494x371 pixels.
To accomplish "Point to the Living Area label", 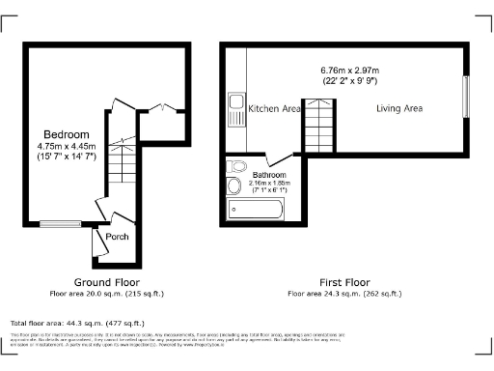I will [x=399, y=109].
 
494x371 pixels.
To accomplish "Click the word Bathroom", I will [x=270, y=174].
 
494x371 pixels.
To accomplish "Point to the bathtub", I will [x=255, y=210].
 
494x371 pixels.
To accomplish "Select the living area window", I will [x=465, y=97].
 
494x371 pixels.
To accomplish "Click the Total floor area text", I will [x=77, y=323].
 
